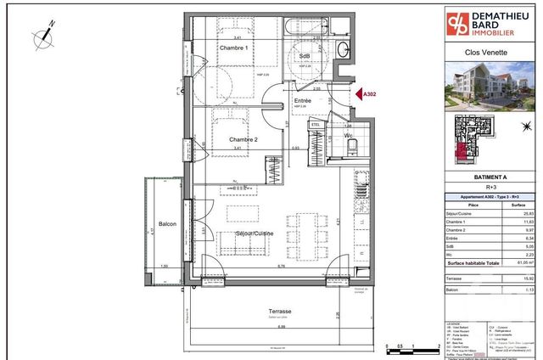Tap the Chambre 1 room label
[x=233, y=48]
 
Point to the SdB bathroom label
[x=305, y=56]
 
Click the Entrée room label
[x=302, y=101]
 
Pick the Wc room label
[x=349, y=135]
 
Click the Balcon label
[x=167, y=224]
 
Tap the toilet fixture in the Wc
[x=351, y=150]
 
